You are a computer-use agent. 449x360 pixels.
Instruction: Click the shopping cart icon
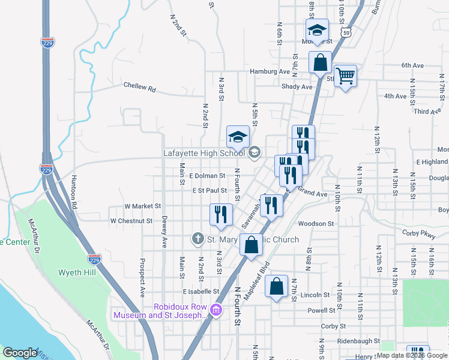(345, 76)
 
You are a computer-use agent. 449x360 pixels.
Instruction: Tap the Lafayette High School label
(204, 153)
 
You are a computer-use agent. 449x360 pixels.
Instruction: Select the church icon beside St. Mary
(197, 239)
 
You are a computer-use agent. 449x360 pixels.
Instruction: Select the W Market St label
(143, 206)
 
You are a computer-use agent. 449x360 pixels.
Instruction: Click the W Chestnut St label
(131, 221)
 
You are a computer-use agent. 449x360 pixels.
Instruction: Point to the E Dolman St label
(206, 176)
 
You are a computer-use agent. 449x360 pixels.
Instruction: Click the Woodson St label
(316, 223)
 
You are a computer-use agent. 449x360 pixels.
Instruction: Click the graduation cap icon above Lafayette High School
(238, 137)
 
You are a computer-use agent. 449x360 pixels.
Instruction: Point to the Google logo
(20, 353)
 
